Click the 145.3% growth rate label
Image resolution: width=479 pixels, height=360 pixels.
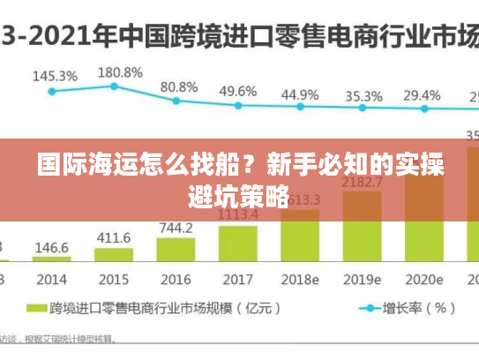tap(55, 76)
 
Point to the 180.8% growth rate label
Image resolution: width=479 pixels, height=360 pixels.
tap(119, 71)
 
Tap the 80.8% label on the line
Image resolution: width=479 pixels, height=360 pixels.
tap(179, 86)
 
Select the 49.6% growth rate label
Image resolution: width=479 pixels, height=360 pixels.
tap(238, 91)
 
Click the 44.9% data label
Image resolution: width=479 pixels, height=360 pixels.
tap(300, 94)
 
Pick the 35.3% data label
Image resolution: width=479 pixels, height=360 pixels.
tap(363, 95)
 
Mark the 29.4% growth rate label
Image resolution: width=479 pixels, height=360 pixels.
tap(422, 95)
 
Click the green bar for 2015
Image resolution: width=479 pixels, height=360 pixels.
tap(114, 254)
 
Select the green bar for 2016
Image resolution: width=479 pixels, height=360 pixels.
tap(176, 249)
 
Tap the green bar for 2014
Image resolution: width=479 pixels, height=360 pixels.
tap(52, 258)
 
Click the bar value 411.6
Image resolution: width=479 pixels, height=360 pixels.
tap(114, 238)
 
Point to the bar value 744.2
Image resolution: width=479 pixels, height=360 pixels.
tap(176, 228)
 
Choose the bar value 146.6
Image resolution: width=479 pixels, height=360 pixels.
tap(52, 247)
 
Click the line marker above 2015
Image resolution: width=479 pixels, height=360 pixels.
tap(114, 86)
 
